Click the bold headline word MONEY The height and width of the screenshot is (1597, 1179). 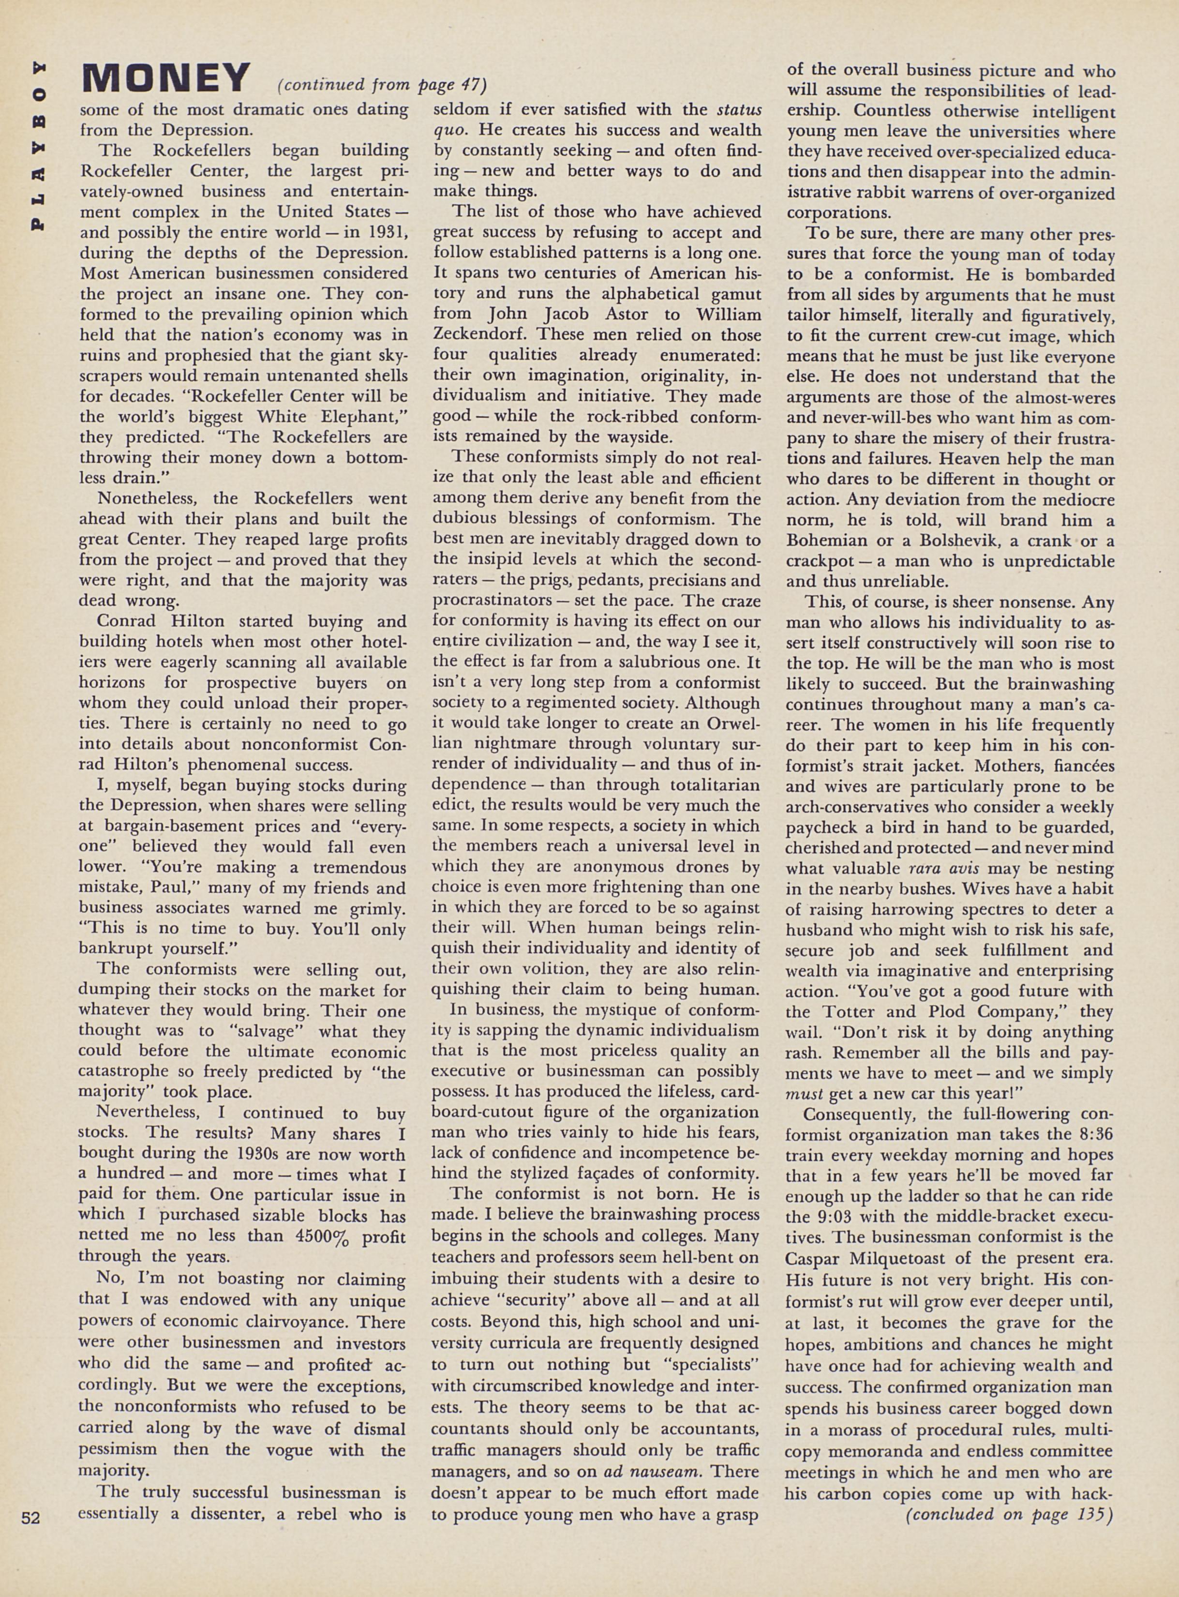click(166, 78)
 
